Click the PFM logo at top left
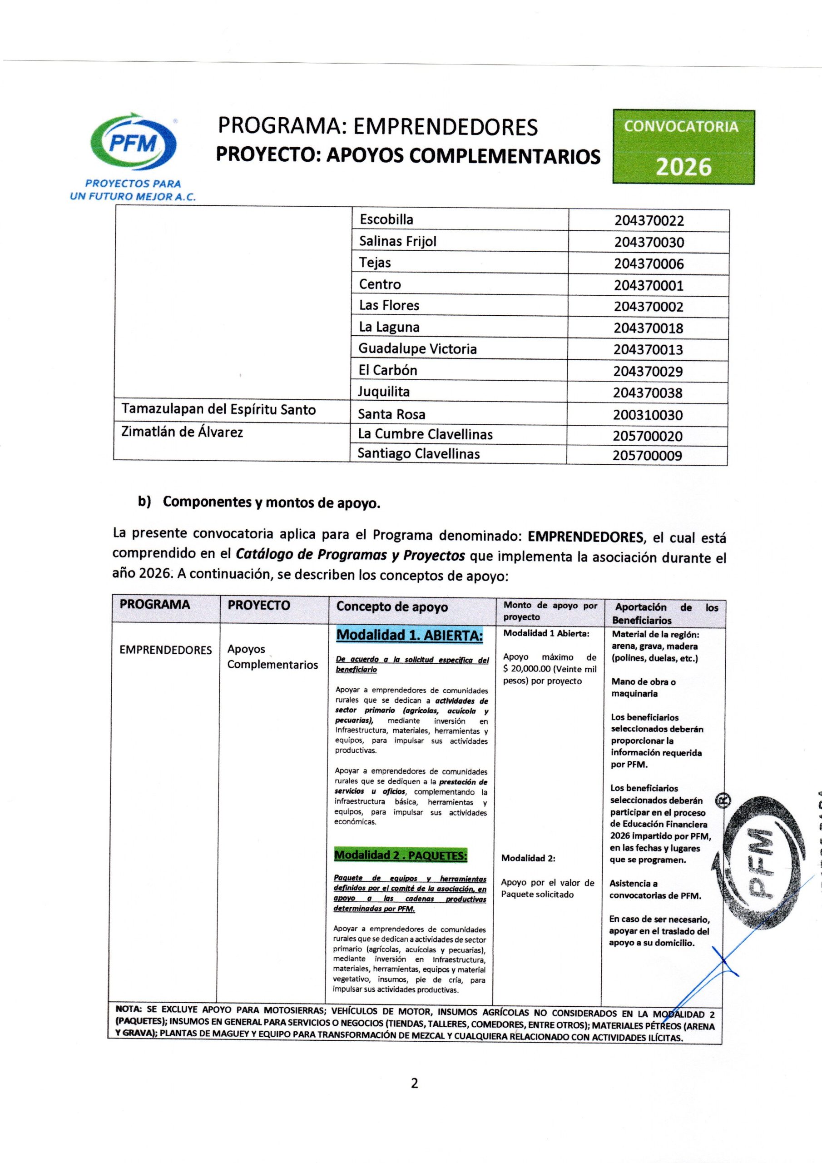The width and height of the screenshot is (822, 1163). pos(133,144)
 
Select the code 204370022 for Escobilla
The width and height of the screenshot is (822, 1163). pos(649,221)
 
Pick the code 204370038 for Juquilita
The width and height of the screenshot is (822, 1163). pos(648,393)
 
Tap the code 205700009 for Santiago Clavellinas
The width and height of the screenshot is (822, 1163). pos(647,455)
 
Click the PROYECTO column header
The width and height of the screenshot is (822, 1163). pos(259,605)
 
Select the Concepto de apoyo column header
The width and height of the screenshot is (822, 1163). pos(392,607)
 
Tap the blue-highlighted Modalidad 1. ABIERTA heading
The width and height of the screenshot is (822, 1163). pos(410,635)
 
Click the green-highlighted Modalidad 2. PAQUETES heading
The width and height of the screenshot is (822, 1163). pos(400,855)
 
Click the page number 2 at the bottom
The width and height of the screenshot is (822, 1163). pos(414,1083)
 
